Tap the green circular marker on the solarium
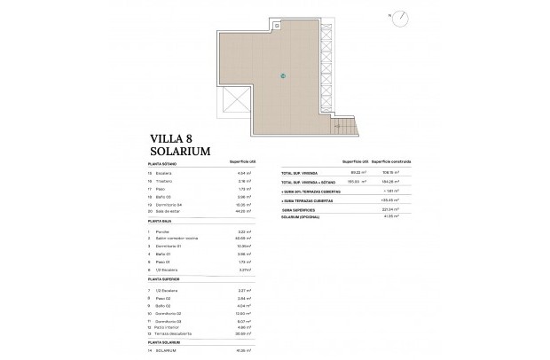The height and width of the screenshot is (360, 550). (x=283, y=75)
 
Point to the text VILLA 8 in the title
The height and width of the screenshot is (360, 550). (x=168, y=138)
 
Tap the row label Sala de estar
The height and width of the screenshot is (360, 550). (x=171, y=211)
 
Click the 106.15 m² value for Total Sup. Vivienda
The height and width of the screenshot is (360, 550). (x=387, y=171)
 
